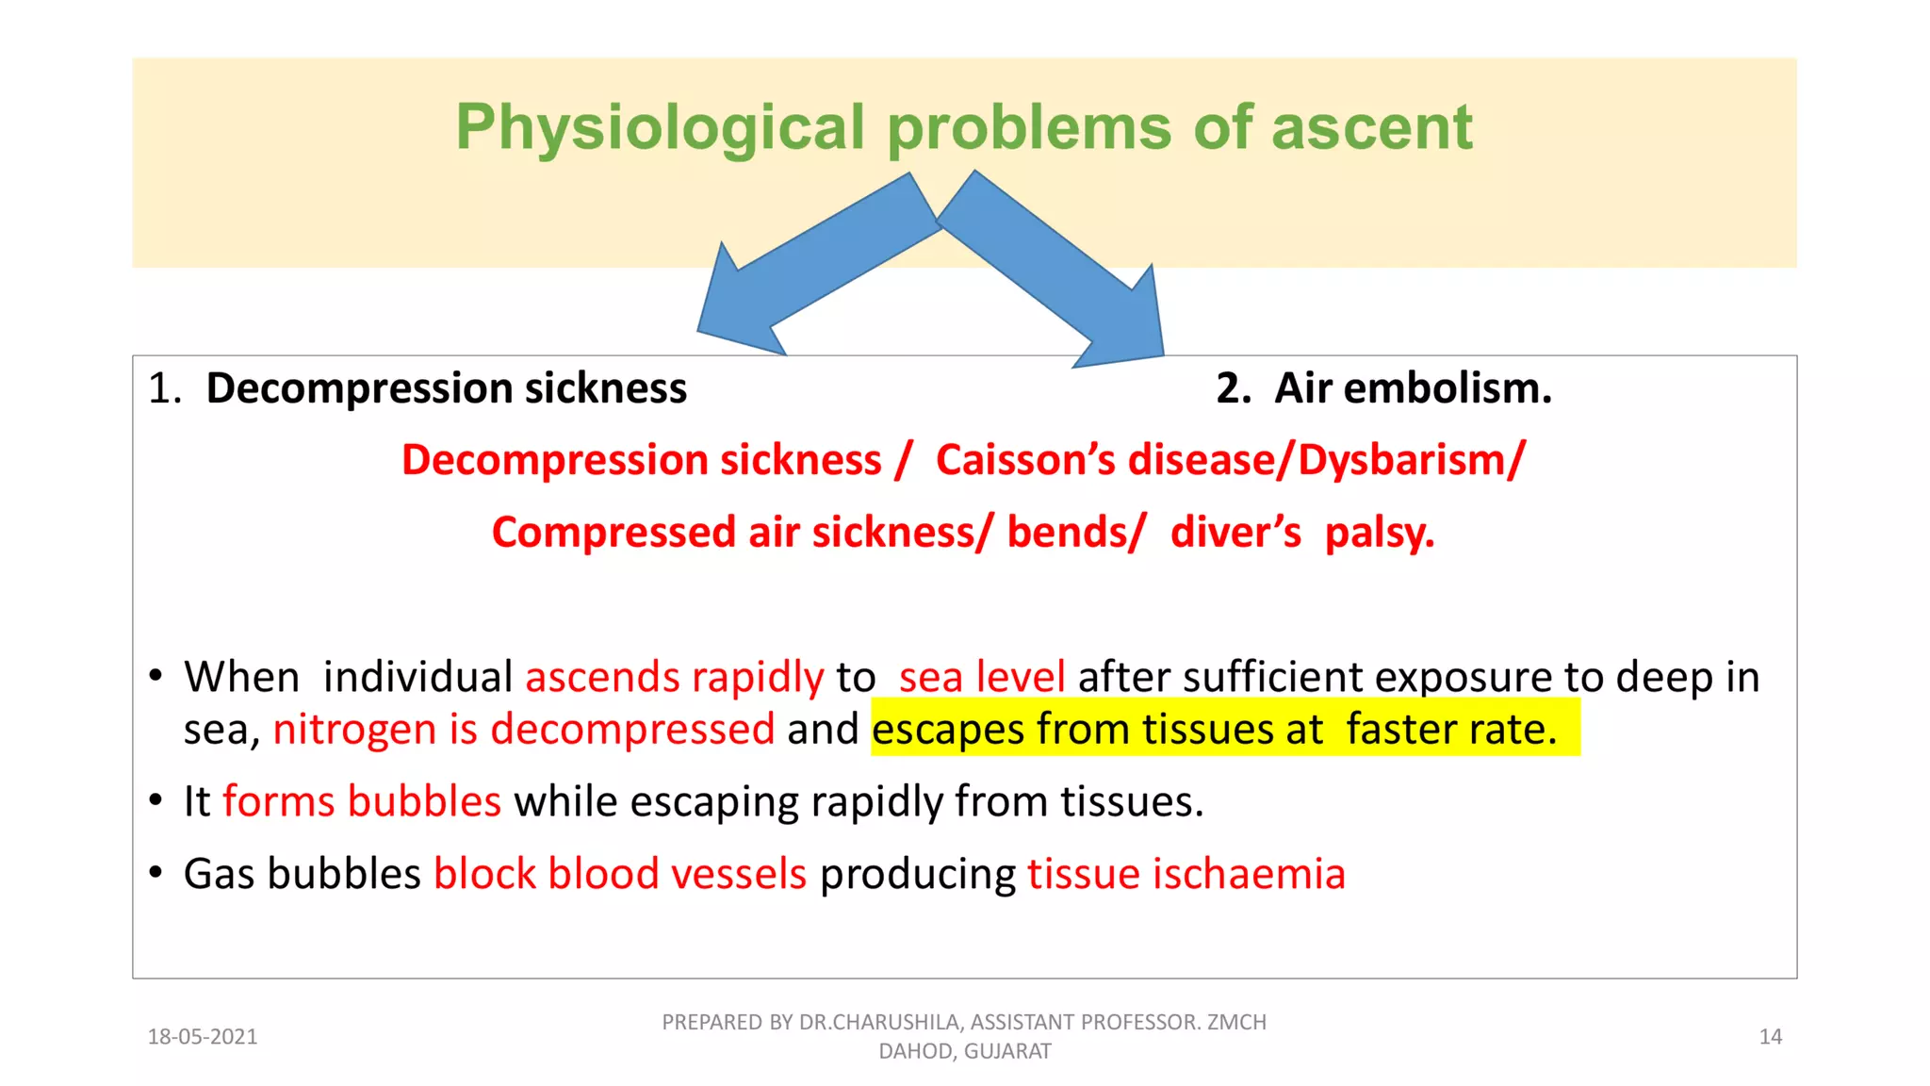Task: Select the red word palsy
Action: pos(1379,533)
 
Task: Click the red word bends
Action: pos(1074,533)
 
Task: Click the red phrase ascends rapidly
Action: pos(674,677)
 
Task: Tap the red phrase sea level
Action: pos(981,677)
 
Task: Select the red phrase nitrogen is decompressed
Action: pos(523,729)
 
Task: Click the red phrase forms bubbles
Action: pos(361,801)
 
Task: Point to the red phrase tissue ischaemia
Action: pos(1186,874)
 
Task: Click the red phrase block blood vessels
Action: pos(619,874)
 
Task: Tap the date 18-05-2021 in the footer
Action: pos(203,1037)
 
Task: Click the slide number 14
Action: pos(1770,1037)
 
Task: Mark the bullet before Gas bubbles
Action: pos(155,872)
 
